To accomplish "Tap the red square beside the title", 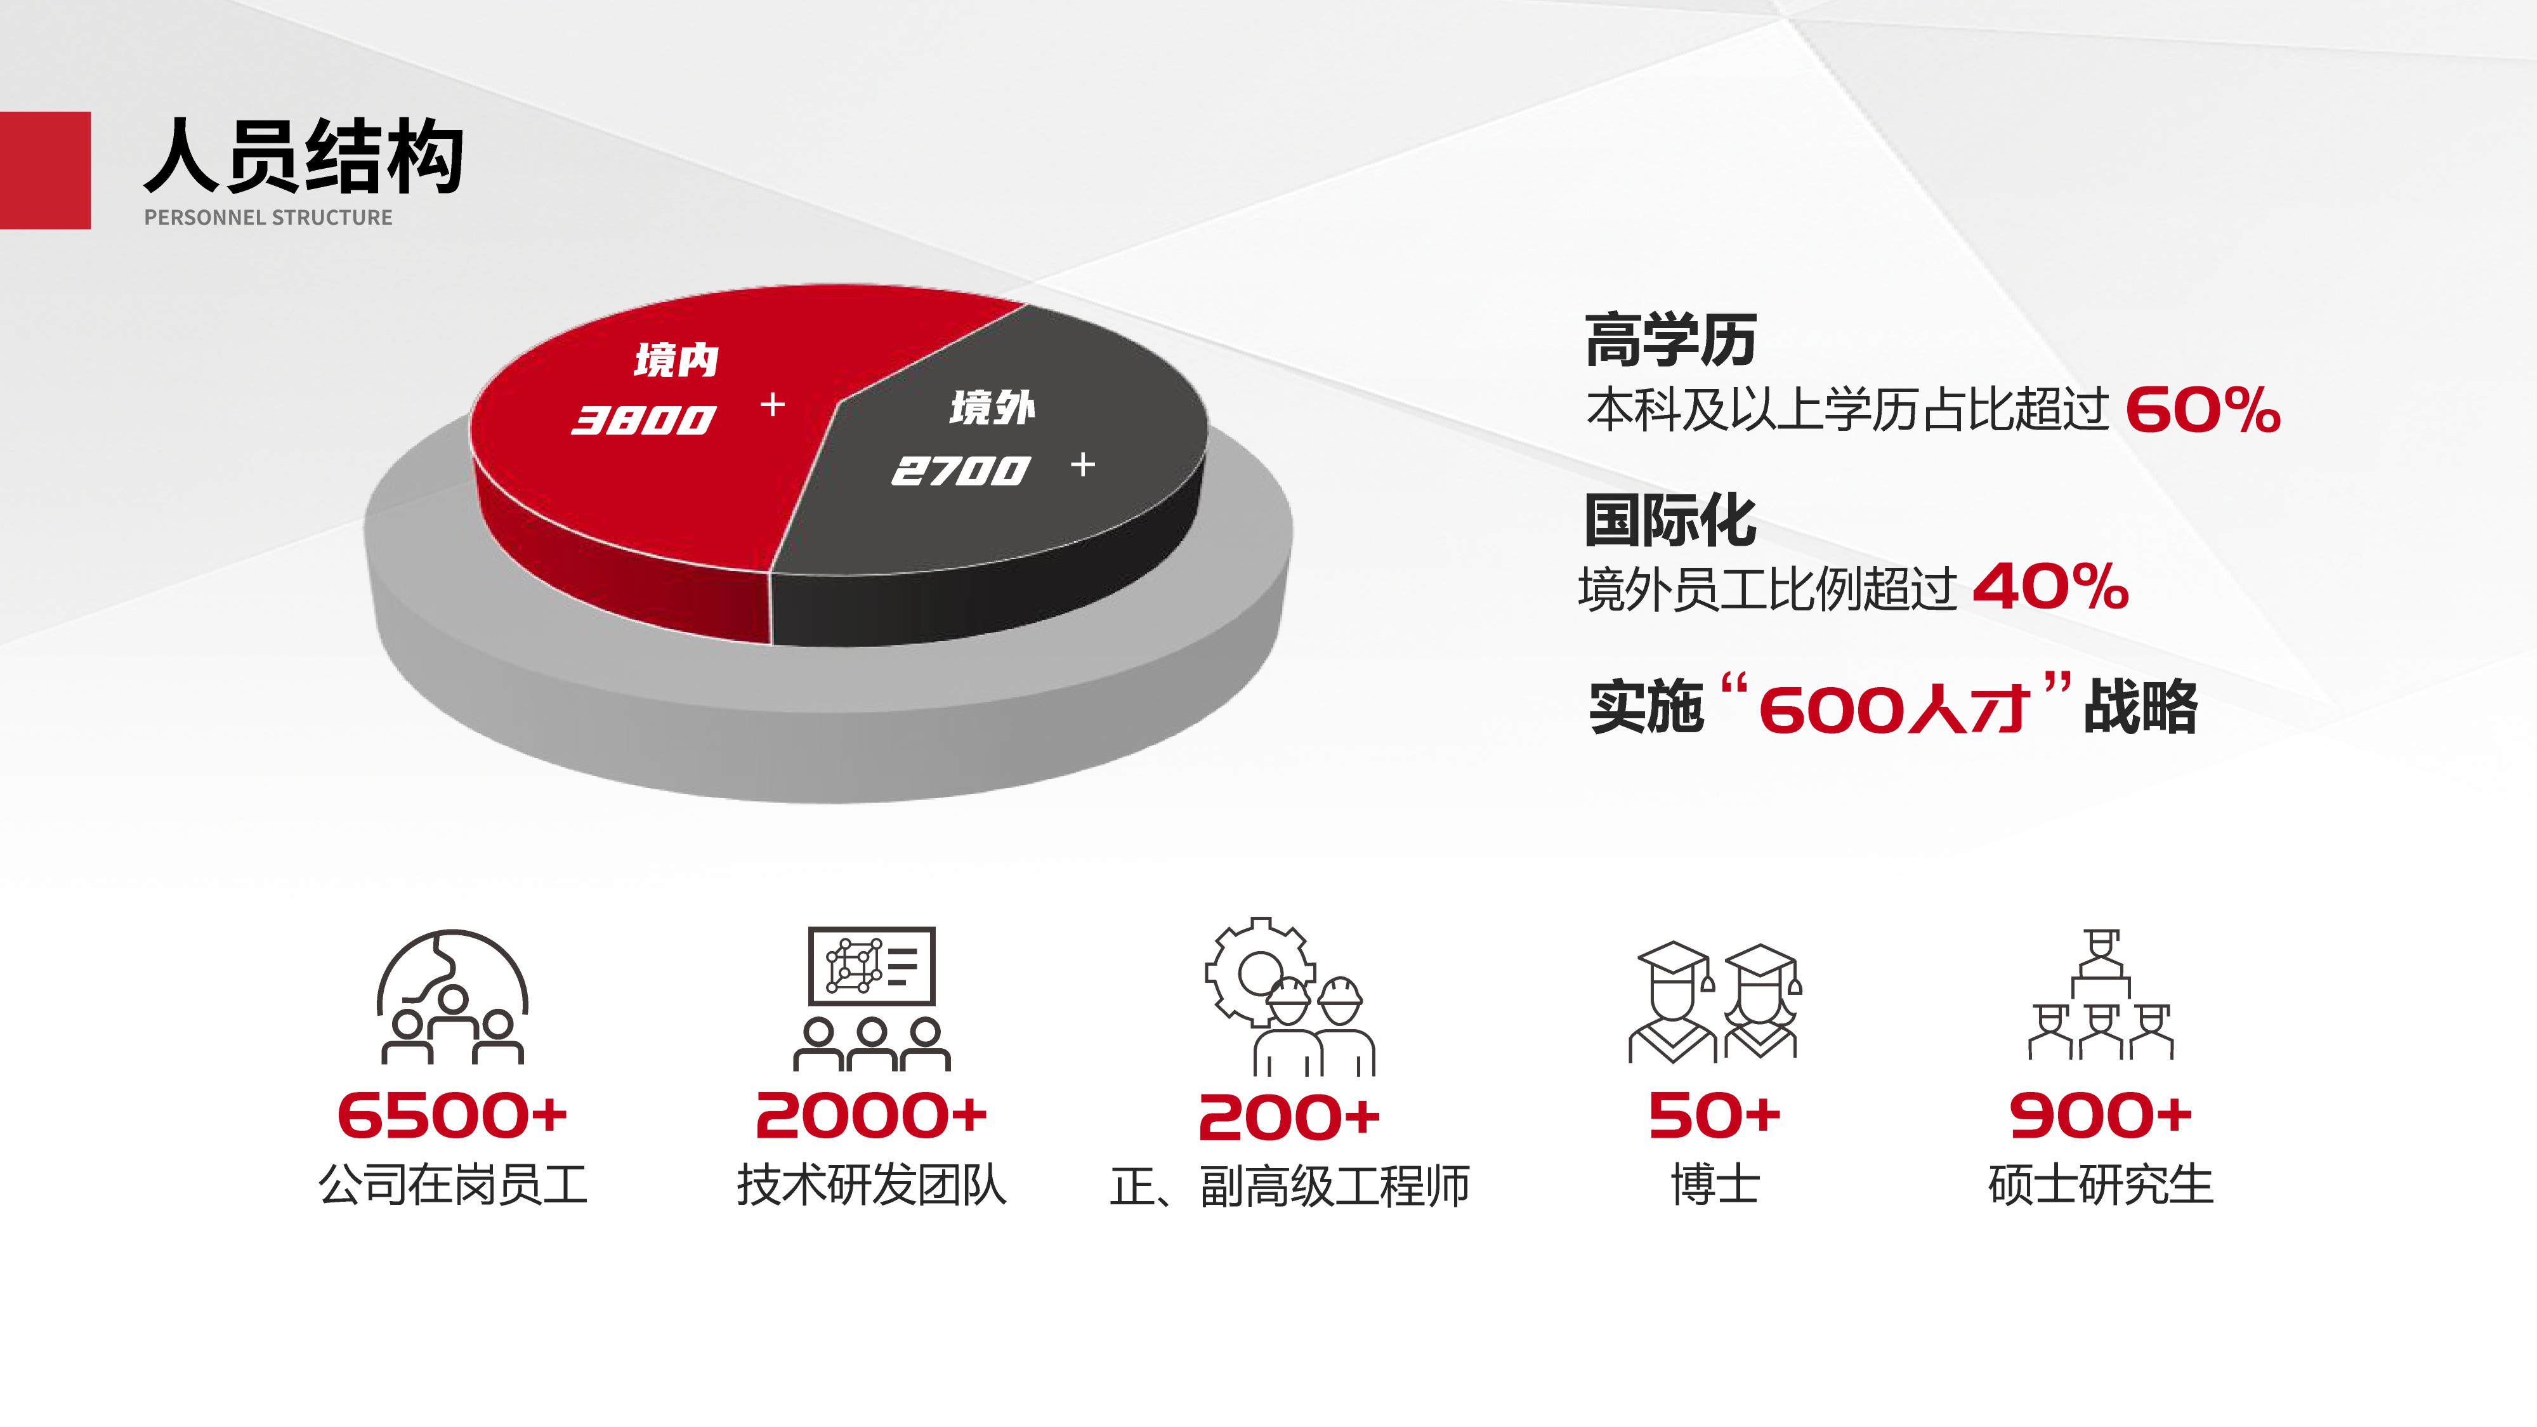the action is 45,171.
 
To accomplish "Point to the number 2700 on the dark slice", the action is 960,471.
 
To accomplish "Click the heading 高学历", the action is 1671,339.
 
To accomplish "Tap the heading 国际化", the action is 1670,520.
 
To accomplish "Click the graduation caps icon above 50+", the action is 1715,1001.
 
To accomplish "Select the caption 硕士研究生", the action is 2101,1185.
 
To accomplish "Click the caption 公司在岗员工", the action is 452,1185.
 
